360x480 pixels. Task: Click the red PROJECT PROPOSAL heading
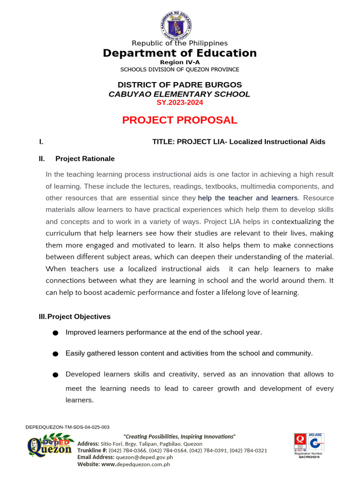[x=180, y=120]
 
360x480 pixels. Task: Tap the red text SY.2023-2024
[x=180, y=102]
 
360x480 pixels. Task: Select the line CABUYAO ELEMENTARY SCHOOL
[x=180, y=94]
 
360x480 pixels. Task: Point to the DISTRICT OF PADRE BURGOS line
[x=180, y=85]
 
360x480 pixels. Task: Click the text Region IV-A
[x=180, y=62]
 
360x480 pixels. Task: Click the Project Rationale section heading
[x=84, y=159]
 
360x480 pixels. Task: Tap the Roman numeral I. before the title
[x=41, y=142]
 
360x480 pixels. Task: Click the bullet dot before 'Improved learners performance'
[x=55, y=333]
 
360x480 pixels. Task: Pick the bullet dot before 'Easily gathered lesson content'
[x=55, y=354]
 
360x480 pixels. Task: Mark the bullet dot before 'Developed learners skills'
[x=55, y=375]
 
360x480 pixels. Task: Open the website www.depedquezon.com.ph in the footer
[x=135, y=464]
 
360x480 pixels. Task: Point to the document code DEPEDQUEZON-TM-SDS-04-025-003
[x=67, y=427]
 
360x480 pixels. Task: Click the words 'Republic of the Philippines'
[x=180, y=43]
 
